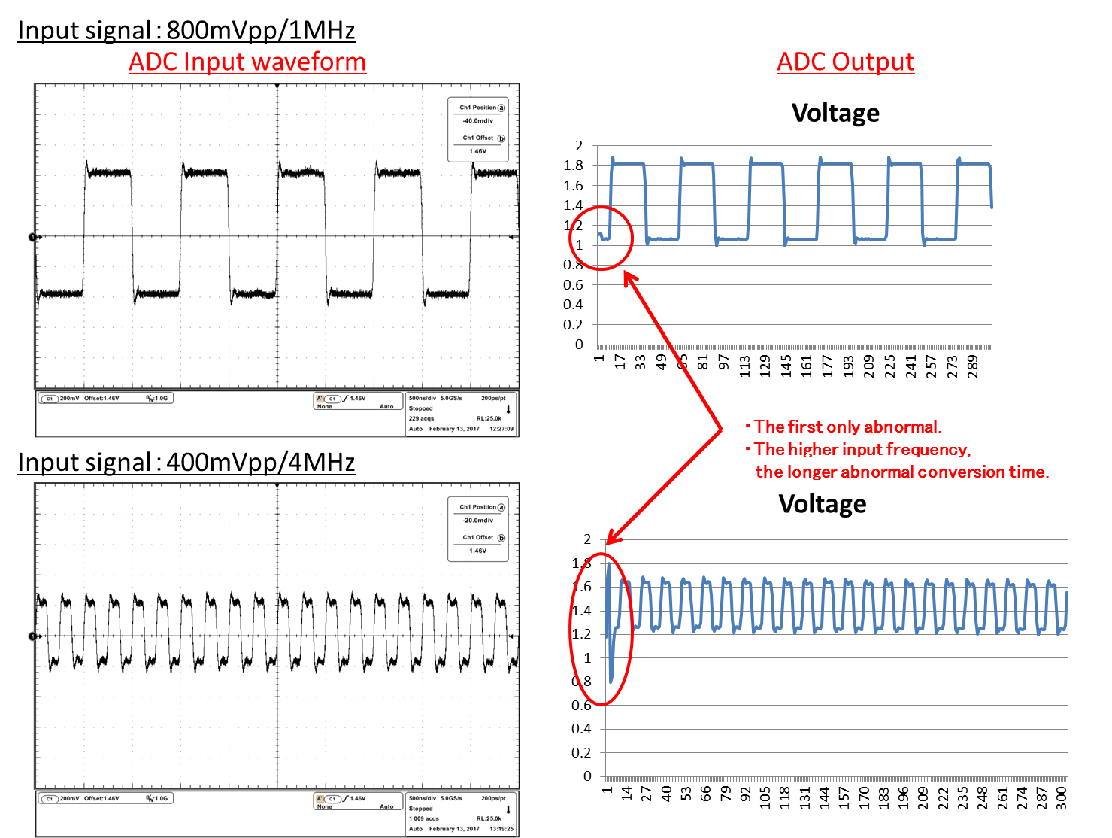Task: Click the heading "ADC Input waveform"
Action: tap(247, 62)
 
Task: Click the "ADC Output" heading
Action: tap(845, 62)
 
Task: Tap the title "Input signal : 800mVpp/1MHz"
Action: tap(186, 30)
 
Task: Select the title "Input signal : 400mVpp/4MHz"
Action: tap(186, 461)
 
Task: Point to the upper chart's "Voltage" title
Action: tap(835, 113)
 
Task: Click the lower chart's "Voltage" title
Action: tap(822, 504)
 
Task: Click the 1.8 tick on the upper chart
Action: tap(574, 165)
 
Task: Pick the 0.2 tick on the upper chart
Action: tap(574, 324)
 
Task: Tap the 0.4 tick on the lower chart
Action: tap(581, 728)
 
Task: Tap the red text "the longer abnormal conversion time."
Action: tap(901, 472)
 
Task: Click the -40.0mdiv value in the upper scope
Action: tap(478, 121)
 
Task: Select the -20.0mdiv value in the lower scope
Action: tap(478, 521)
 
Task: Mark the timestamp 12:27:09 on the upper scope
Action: tap(501, 429)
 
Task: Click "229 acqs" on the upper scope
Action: tap(421, 418)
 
